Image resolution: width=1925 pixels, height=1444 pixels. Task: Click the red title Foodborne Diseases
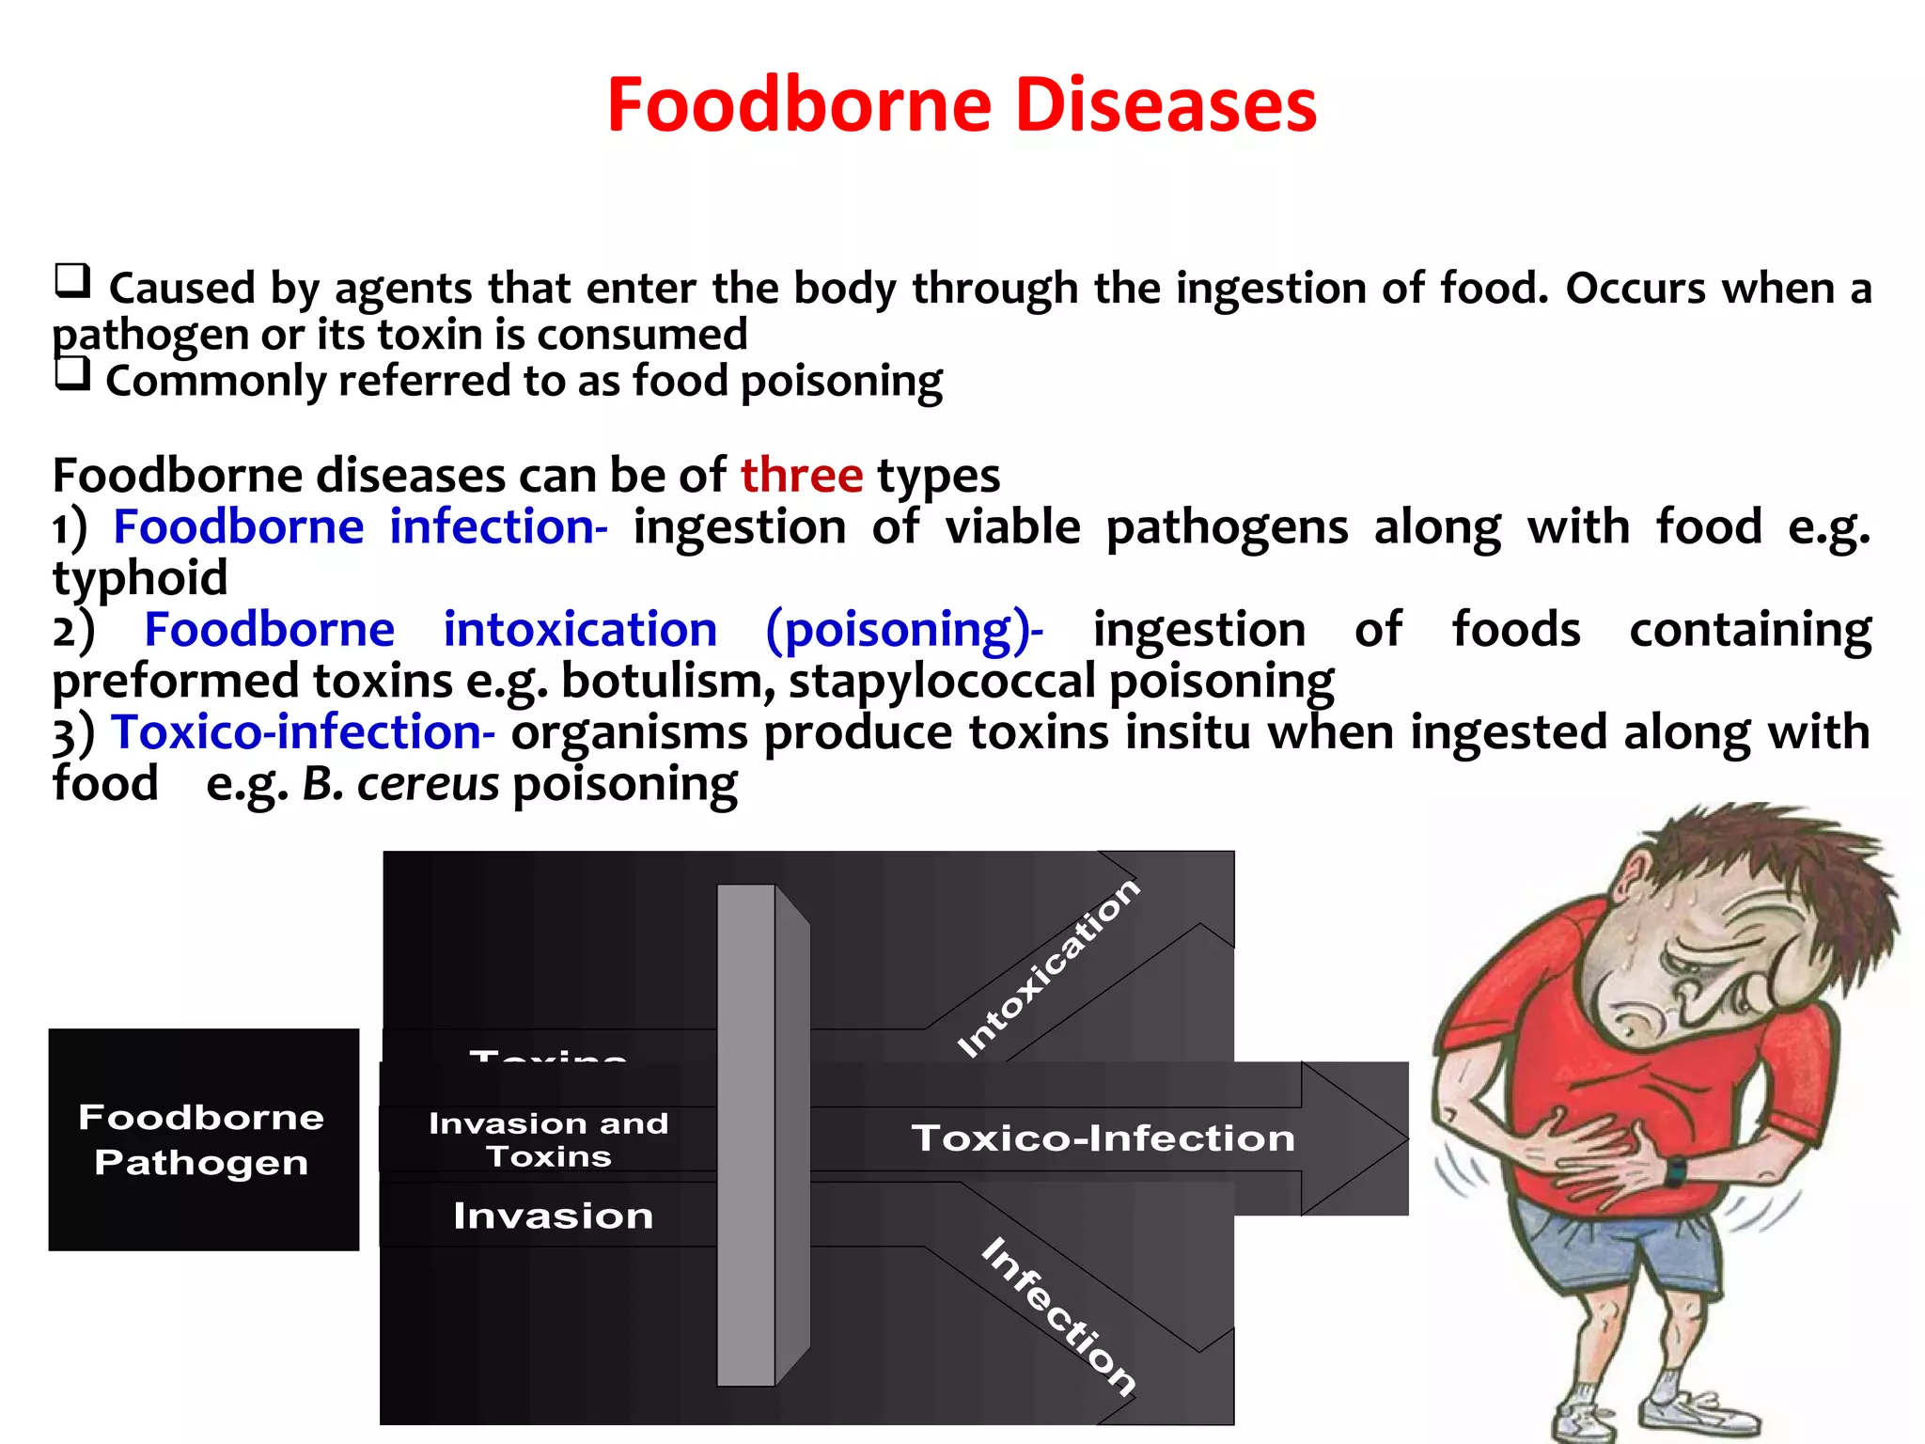pos(962,104)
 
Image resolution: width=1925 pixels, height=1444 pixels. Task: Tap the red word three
pos(801,475)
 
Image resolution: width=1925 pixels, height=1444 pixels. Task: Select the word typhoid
pos(140,577)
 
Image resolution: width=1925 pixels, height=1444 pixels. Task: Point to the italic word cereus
pos(428,784)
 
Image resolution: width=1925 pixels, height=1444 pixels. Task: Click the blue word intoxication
pos(580,629)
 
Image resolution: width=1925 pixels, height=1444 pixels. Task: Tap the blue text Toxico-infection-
pos(303,732)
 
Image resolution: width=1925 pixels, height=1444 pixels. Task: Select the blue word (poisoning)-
pos(904,629)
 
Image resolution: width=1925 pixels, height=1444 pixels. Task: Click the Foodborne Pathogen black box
pos(203,1139)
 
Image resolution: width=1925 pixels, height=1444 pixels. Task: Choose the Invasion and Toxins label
pos(549,1139)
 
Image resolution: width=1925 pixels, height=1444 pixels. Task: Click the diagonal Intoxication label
pos(1047,968)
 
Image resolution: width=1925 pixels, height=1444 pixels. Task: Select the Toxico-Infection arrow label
pos(1103,1138)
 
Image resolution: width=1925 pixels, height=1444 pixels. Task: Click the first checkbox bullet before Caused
pos(72,280)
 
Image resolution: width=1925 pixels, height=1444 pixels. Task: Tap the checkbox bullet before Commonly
pos(72,374)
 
